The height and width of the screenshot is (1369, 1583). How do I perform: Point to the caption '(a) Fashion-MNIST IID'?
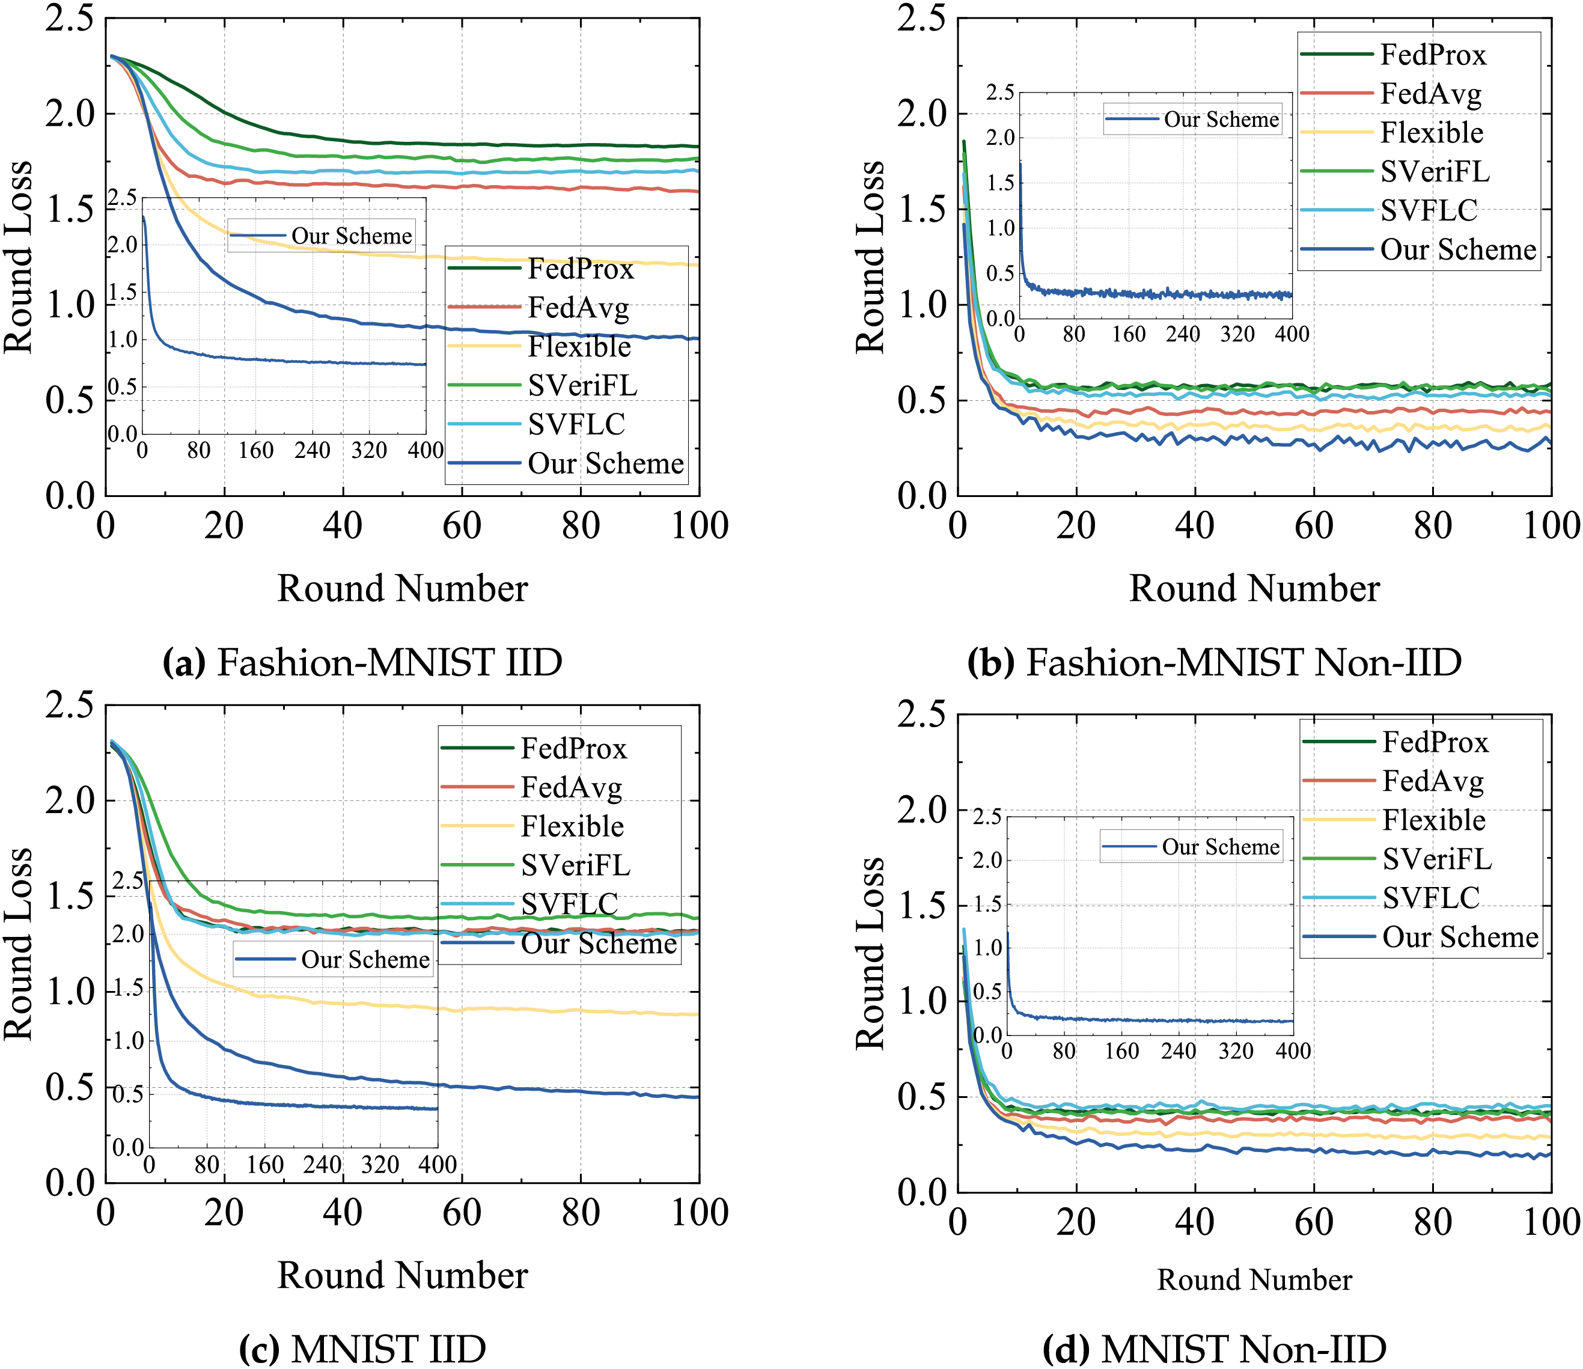point(362,662)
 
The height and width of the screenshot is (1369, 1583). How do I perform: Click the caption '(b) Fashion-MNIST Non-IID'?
point(1214,662)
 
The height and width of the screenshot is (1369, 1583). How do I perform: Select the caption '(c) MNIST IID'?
point(362,1349)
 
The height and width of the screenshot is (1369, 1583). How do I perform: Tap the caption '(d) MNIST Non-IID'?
point(1214,1349)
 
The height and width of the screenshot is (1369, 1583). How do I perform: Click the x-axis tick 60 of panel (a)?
point(462,526)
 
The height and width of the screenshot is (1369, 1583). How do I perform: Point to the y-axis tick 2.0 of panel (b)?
point(921,115)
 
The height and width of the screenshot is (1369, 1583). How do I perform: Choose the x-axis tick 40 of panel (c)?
point(343,1213)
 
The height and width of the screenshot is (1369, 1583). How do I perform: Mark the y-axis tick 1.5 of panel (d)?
point(921,906)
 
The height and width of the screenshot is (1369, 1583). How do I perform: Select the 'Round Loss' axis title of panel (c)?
point(19,944)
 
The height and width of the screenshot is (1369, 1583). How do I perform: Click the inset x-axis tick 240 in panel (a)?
point(313,451)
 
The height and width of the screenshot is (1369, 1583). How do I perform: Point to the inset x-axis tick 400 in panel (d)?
point(1293,1051)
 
